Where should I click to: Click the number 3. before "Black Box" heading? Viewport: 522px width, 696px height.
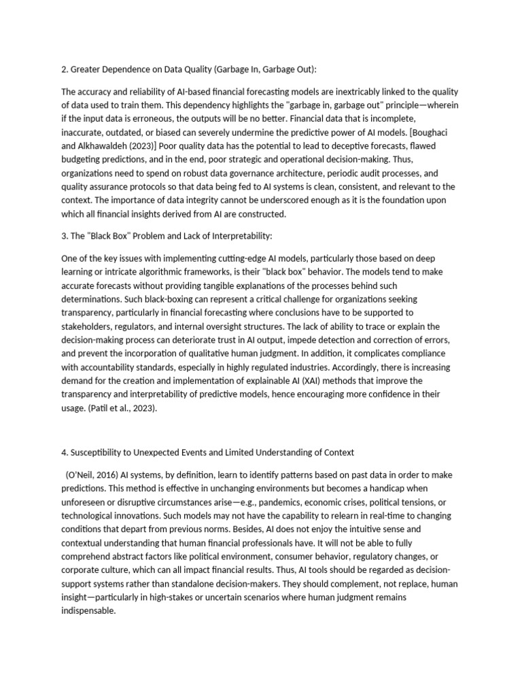pos(65,235)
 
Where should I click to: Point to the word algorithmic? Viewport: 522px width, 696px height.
pos(145,273)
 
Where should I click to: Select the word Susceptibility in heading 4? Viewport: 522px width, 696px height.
pos(101,453)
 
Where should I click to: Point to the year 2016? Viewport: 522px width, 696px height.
pos(109,474)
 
